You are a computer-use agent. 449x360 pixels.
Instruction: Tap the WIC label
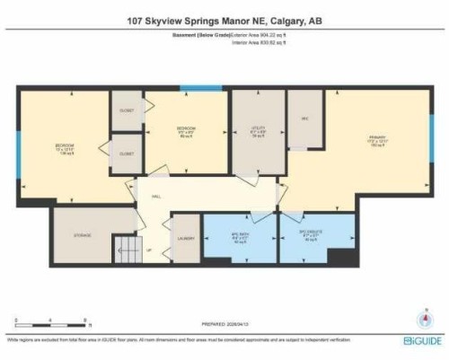(x=304, y=118)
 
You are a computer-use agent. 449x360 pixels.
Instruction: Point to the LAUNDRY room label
(x=186, y=238)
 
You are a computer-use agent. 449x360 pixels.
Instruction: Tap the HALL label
(x=156, y=196)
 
